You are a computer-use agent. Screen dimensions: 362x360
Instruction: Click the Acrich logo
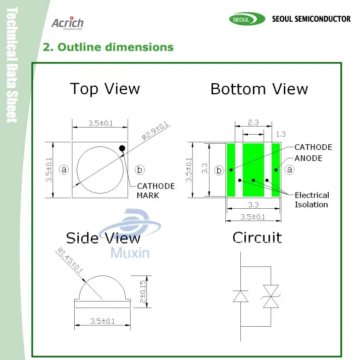point(68,23)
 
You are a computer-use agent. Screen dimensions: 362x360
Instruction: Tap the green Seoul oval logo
point(247,19)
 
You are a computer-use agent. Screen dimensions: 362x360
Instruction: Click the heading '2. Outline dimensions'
point(108,47)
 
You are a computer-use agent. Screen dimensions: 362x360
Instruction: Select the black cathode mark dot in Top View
point(122,148)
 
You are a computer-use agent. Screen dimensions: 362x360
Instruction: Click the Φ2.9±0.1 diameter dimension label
point(155,131)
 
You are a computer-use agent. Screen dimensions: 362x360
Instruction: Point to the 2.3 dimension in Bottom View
point(253,122)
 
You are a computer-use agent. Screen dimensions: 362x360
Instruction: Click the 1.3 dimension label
point(281,134)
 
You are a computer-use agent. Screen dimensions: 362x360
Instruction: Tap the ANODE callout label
point(308,158)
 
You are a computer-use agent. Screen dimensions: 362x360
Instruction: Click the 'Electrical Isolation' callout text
point(312,200)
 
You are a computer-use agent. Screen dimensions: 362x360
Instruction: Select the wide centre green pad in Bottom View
point(253,170)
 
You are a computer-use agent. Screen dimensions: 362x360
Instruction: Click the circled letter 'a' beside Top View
point(64,170)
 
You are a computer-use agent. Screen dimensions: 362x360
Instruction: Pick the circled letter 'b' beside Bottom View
point(219,170)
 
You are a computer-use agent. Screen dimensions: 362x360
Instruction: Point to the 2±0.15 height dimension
point(143,291)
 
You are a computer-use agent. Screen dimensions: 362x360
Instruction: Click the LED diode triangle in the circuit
point(240,296)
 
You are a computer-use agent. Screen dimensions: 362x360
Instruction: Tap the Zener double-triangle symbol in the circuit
point(271,296)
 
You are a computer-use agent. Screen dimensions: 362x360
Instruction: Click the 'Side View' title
point(103,238)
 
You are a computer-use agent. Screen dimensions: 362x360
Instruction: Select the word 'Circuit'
point(257,237)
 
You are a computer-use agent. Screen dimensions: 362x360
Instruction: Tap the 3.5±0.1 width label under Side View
point(102,321)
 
